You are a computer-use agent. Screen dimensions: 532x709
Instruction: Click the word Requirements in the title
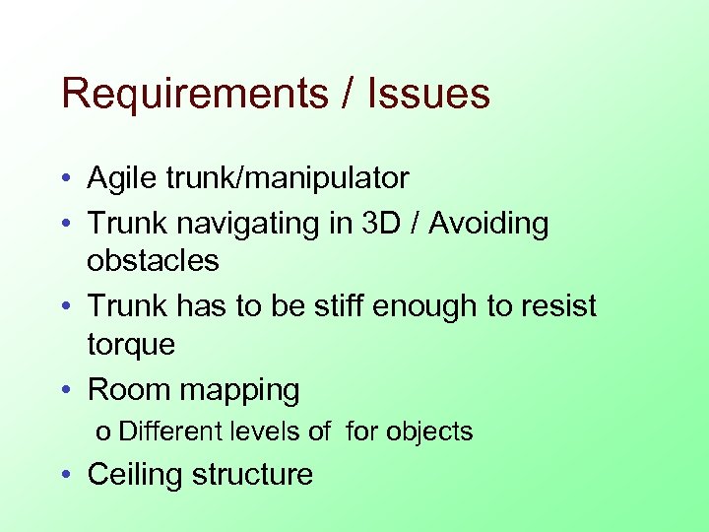[x=193, y=95]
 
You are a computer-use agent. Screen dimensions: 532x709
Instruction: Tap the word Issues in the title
[x=429, y=95]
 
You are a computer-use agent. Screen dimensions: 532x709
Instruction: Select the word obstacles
[x=153, y=261]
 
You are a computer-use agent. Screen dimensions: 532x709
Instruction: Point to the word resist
[x=553, y=306]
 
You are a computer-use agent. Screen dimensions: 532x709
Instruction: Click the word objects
[x=429, y=432]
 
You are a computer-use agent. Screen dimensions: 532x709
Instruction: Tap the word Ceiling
[x=135, y=475]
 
